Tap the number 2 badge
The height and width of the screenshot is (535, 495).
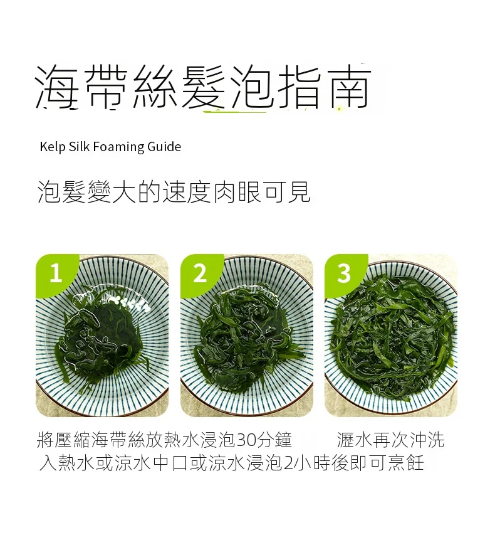(200, 273)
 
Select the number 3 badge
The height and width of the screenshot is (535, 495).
(344, 273)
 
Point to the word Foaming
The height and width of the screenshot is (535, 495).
(120, 147)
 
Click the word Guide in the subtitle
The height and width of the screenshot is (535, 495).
(164, 147)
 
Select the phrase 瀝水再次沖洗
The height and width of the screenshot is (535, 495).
(390, 439)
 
